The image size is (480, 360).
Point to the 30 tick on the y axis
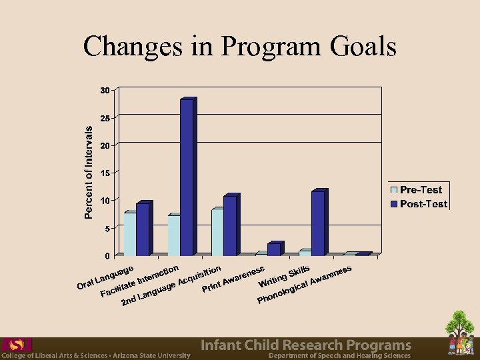point(105,90)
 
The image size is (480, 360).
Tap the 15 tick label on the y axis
point(105,173)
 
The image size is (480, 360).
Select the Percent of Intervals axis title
point(89,172)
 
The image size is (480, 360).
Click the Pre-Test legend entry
point(420,191)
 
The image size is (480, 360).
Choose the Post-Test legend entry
point(422,204)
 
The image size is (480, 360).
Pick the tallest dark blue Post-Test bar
point(187,177)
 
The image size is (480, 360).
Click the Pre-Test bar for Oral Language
point(130,234)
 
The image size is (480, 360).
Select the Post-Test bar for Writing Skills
point(318,223)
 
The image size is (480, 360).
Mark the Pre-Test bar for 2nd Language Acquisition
point(217,232)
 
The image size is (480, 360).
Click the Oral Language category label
point(106,279)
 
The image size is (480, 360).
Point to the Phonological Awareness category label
point(304,286)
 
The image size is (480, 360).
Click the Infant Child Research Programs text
point(306,345)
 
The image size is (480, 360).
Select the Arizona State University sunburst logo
point(17,344)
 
